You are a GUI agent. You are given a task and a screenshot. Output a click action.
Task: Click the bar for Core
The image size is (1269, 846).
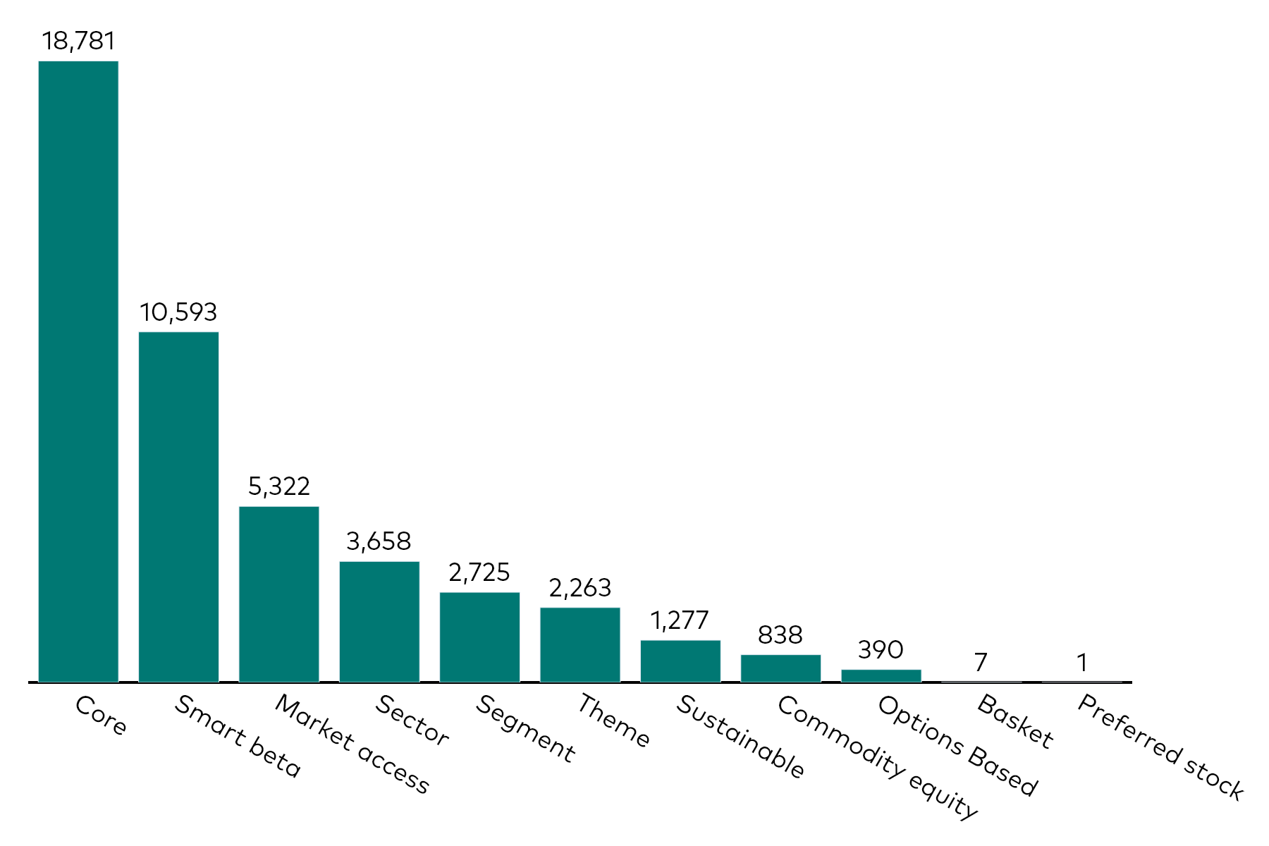click(x=78, y=372)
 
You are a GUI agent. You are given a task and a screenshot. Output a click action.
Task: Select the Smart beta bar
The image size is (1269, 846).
click(x=178, y=507)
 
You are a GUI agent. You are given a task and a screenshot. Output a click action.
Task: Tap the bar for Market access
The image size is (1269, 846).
click(x=279, y=594)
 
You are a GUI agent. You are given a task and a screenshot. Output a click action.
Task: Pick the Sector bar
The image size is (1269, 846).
click(x=379, y=622)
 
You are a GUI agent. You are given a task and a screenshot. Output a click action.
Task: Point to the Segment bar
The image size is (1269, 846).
click(x=479, y=637)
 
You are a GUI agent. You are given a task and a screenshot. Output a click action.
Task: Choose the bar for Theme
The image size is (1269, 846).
click(x=580, y=645)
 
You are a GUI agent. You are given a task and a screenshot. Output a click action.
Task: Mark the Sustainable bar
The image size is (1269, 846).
click(x=680, y=661)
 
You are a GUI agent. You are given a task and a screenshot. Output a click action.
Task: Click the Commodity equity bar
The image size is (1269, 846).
click(x=780, y=668)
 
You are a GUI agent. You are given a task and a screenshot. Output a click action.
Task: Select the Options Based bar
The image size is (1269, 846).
click(x=881, y=675)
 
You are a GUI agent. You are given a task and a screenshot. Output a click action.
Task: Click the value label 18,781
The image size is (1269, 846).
click(x=78, y=41)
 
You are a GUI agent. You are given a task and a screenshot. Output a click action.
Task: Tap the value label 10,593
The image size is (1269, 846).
click(x=178, y=312)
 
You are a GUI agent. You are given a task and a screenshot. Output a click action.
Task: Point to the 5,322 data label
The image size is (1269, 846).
click(x=279, y=486)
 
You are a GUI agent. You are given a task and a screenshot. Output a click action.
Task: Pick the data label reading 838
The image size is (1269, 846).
click(x=780, y=635)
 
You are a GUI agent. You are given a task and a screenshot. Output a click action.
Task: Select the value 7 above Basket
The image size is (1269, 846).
click(x=981, y=662)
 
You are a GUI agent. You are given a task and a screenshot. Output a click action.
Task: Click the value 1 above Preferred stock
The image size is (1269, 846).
click(x=1082, y=663)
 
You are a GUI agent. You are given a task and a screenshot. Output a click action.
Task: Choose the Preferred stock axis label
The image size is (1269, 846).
click(x=1160, y=747)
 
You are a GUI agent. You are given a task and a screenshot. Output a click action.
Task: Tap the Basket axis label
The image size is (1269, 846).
click(x=1016, y=721)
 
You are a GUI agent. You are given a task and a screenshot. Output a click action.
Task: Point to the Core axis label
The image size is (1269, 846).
click(x=101, y=716)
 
